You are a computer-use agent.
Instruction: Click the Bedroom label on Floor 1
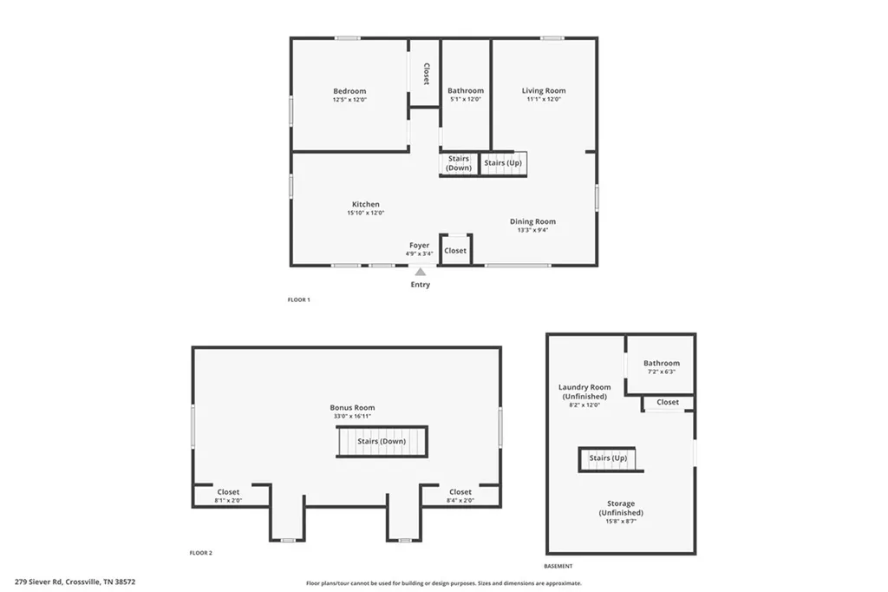tap(349, 91)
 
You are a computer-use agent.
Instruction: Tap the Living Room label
tap(544, 90)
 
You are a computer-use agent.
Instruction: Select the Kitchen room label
tap(365, 205)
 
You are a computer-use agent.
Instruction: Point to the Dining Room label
tap(532, 221)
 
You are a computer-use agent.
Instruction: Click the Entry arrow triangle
tap(420, 272)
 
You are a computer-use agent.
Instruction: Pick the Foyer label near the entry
tap(420, 246)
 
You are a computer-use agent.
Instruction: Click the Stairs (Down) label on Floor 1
tap(459, 163)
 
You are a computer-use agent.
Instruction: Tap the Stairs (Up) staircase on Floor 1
tap(504, 163)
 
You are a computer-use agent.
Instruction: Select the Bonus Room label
tap(352, 407)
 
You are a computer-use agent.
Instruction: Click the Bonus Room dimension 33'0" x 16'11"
tap(352, 417)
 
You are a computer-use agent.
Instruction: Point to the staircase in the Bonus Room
tap(382, 442)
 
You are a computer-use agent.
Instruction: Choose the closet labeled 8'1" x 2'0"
tap(228, 496)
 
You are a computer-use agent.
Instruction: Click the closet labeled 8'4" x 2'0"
tap(460, 496)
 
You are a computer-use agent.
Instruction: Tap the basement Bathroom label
tap(661, 363)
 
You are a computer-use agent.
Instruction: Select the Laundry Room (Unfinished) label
tap(584, 391)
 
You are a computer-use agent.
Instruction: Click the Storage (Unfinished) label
tap(621, 508)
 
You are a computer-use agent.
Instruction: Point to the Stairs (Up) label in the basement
tap(608, 457)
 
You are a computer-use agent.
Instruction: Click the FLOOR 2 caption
tap(201, 553)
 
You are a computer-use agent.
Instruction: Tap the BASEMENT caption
tap(558, 566)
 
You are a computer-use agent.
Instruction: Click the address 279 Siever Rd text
tap(75, 582)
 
